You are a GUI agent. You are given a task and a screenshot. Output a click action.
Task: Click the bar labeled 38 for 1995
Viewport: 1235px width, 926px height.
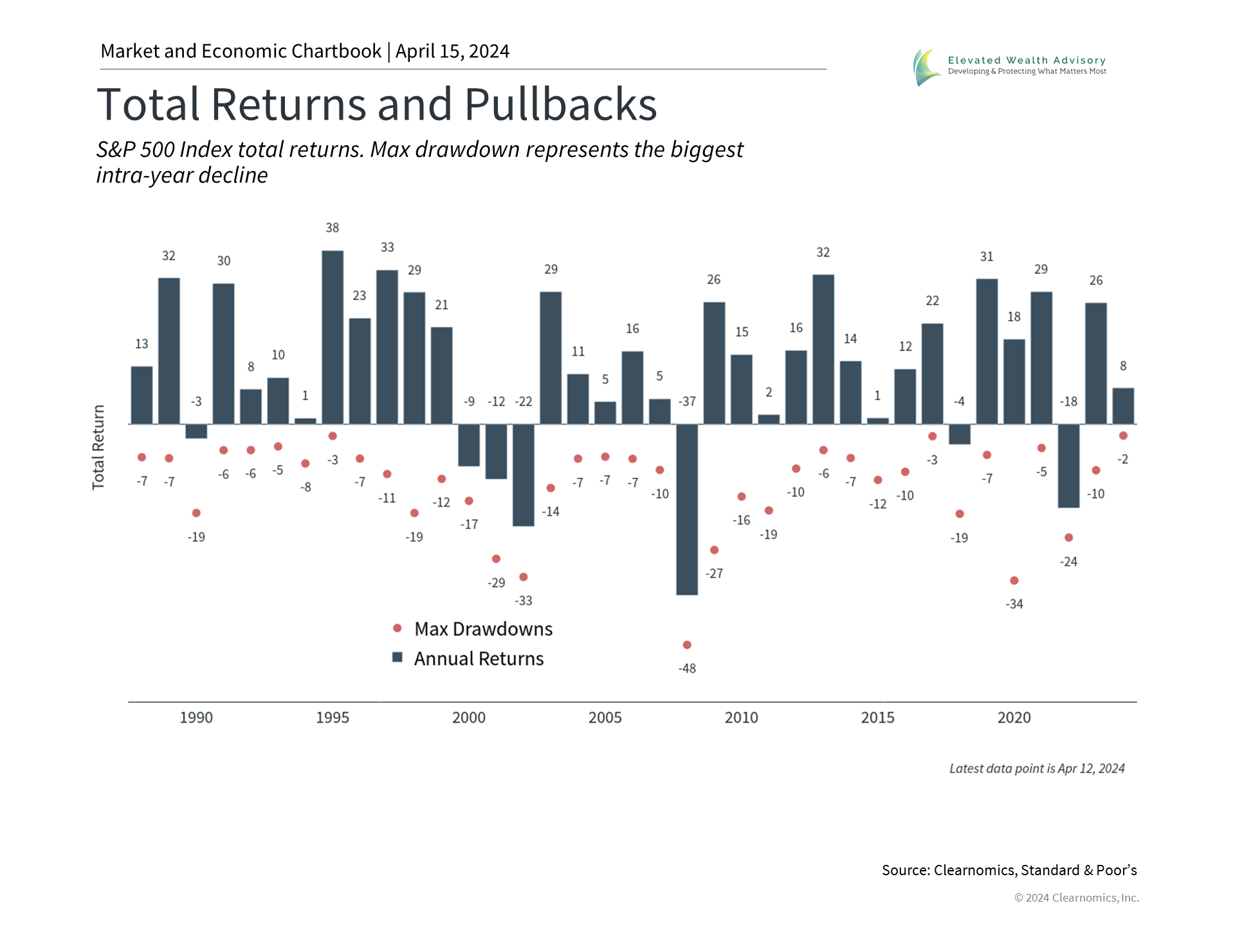click(333, 337)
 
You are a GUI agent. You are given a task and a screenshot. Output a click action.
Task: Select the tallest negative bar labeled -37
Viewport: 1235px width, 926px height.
click(687, 509)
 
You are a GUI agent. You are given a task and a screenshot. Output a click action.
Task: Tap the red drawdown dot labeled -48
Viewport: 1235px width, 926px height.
click(687, 644)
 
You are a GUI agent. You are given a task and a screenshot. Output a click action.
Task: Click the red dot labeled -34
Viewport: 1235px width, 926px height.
click(1014, 581)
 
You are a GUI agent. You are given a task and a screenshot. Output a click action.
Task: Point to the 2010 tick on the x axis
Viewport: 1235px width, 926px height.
click(741, 718)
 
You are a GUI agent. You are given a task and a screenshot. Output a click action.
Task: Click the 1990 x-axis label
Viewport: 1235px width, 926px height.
click(196, 718)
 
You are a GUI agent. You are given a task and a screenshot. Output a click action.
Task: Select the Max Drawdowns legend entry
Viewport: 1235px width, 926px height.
click(473, 629)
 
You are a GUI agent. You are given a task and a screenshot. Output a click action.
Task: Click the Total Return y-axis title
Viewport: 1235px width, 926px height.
click(98, 448)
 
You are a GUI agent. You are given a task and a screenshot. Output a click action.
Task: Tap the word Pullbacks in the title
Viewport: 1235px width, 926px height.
click(560, 104)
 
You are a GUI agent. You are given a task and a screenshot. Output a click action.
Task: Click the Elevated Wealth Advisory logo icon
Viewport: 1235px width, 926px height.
click(926, 67)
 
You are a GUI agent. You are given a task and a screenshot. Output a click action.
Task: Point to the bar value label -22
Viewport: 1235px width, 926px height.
click(524, 401)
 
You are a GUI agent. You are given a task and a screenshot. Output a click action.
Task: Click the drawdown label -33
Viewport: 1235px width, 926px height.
click(524, 601)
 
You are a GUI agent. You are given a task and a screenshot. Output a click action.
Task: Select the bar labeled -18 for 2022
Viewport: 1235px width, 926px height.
click(1068, 466)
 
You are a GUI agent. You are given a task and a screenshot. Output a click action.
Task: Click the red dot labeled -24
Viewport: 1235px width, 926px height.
click(1068, 538)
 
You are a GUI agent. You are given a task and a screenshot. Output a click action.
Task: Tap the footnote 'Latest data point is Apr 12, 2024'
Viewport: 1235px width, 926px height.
click(1037, 768)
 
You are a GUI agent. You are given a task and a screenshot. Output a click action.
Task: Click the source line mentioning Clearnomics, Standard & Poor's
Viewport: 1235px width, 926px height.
click(1009, 870)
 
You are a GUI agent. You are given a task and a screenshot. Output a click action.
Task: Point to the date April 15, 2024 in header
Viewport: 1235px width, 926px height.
click(452, 51)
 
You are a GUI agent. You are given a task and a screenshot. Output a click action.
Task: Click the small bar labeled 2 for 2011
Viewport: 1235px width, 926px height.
click(769, 419)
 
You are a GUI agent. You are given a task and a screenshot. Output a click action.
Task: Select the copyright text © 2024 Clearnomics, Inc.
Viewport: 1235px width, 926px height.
click(1076, 898)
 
